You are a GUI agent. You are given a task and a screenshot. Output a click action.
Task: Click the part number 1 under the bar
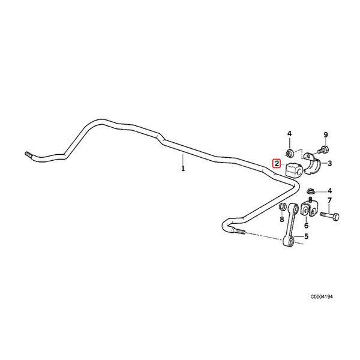[183, 168]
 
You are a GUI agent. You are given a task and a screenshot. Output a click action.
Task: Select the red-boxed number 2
[277, 163]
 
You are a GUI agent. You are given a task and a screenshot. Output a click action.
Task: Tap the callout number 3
[329, 163]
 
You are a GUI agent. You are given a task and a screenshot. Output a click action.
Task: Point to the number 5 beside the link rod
[306, 236]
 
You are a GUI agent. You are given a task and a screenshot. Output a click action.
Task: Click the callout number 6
[306, 226]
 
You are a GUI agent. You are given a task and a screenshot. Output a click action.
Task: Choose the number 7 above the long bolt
[329, 200]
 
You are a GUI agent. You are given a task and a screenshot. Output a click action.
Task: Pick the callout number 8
[282, 220]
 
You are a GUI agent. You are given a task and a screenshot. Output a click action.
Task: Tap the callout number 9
[326, 135]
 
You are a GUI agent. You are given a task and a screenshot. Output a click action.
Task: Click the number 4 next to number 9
[290, 133]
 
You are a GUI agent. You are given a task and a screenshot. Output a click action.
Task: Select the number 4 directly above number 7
[329, 191]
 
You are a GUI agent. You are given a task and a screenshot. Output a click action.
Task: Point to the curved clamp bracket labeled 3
[312, 163]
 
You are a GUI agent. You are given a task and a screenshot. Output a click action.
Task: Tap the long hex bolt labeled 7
[329, 215]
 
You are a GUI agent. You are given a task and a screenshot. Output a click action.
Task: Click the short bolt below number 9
[323, 149]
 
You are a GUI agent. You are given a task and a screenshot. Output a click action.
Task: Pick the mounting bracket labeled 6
[308, 208]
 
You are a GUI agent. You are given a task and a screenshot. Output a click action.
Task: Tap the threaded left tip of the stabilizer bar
[28, 154]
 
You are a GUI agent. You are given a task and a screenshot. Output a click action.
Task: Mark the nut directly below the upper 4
[289, 153]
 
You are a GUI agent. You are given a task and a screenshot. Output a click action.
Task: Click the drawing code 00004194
[322, 296]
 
